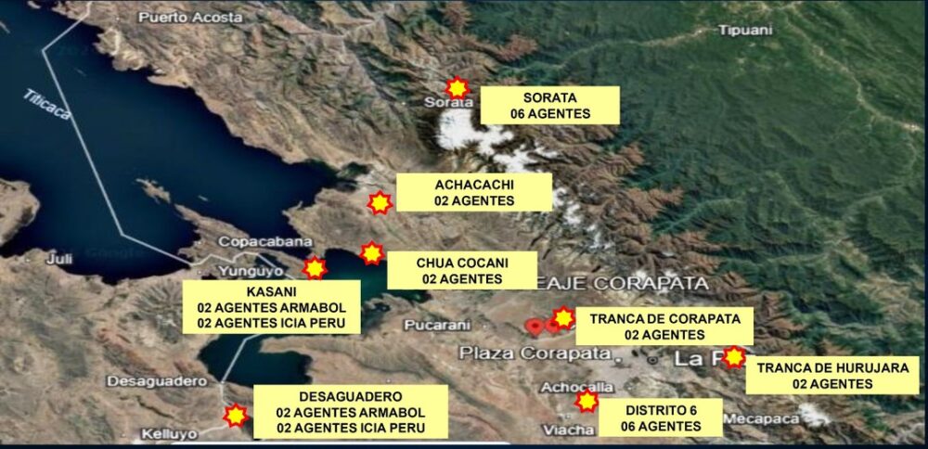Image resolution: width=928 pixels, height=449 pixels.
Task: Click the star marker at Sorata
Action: (457, 87)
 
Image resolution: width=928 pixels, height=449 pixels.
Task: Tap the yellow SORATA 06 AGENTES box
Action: (550, 105)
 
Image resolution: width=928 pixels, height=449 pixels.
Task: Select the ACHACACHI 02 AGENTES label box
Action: (474, 192)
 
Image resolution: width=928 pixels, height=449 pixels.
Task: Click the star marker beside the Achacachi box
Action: (380, 202)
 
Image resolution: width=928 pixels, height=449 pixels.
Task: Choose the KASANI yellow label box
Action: (271, 307)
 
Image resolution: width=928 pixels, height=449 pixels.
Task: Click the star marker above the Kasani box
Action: (316, 268)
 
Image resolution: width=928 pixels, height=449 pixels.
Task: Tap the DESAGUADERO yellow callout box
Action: (351, 411)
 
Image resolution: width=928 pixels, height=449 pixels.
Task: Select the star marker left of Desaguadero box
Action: (237, 415)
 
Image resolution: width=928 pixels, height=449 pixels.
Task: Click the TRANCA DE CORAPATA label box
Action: (664, 326)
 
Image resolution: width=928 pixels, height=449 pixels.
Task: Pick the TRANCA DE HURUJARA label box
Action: (832, 375)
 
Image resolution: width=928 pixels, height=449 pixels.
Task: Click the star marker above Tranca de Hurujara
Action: (734, 357)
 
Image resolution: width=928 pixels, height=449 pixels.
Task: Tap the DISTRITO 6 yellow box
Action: (660, 417)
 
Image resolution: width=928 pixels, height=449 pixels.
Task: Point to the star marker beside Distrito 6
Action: (586, 401)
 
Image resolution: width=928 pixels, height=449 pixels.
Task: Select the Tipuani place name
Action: (745, 30)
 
